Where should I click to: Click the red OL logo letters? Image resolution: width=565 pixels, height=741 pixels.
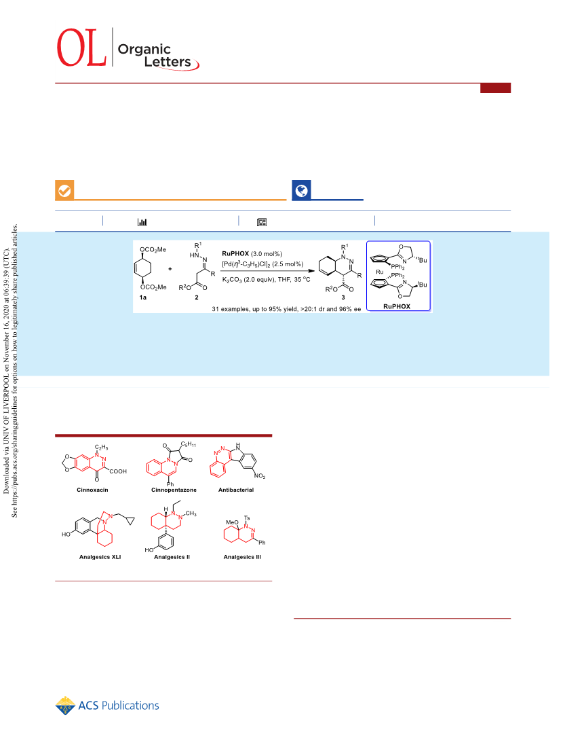click(x=81, y=48)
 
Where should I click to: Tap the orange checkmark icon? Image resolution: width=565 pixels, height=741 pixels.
click(x=64, y=190)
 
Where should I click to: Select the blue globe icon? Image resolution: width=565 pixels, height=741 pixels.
click(x=301, y=190)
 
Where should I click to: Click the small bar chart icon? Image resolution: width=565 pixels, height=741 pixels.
click(x=142, y=221)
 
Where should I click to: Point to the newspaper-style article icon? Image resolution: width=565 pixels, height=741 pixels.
click(x=262, y=222)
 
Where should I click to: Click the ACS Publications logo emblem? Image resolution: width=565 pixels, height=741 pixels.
click(x=65, y=706)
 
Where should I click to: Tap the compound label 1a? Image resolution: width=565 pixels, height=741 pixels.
click(x=143, y=297)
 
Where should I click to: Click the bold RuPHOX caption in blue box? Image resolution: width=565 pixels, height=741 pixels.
click(x=397, y=306)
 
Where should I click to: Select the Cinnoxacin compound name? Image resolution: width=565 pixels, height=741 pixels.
click(x=92, y=490)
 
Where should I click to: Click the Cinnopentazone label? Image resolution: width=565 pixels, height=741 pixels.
click(x=174, y=490)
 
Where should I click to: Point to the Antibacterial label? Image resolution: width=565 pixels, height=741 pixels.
click(x=236, y=490)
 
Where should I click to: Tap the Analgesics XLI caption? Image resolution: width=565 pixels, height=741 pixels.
click(x=100, y=557)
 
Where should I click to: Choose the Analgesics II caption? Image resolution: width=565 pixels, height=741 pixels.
click(x=172, y=557)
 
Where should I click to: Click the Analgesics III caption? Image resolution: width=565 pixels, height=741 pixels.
click(x=242, y=557)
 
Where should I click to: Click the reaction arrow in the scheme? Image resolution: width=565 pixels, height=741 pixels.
click(x=268, y=271)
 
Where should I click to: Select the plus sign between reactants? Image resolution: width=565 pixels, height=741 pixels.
click(x=170, y=269)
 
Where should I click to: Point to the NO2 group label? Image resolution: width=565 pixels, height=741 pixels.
click(x=260, y=476)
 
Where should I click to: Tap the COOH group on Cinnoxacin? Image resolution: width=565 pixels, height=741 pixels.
click(x=118, y=471)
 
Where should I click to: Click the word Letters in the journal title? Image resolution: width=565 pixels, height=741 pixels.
click(x=168, y=62)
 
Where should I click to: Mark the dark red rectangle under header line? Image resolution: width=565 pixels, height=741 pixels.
click(x=496, y=88)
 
